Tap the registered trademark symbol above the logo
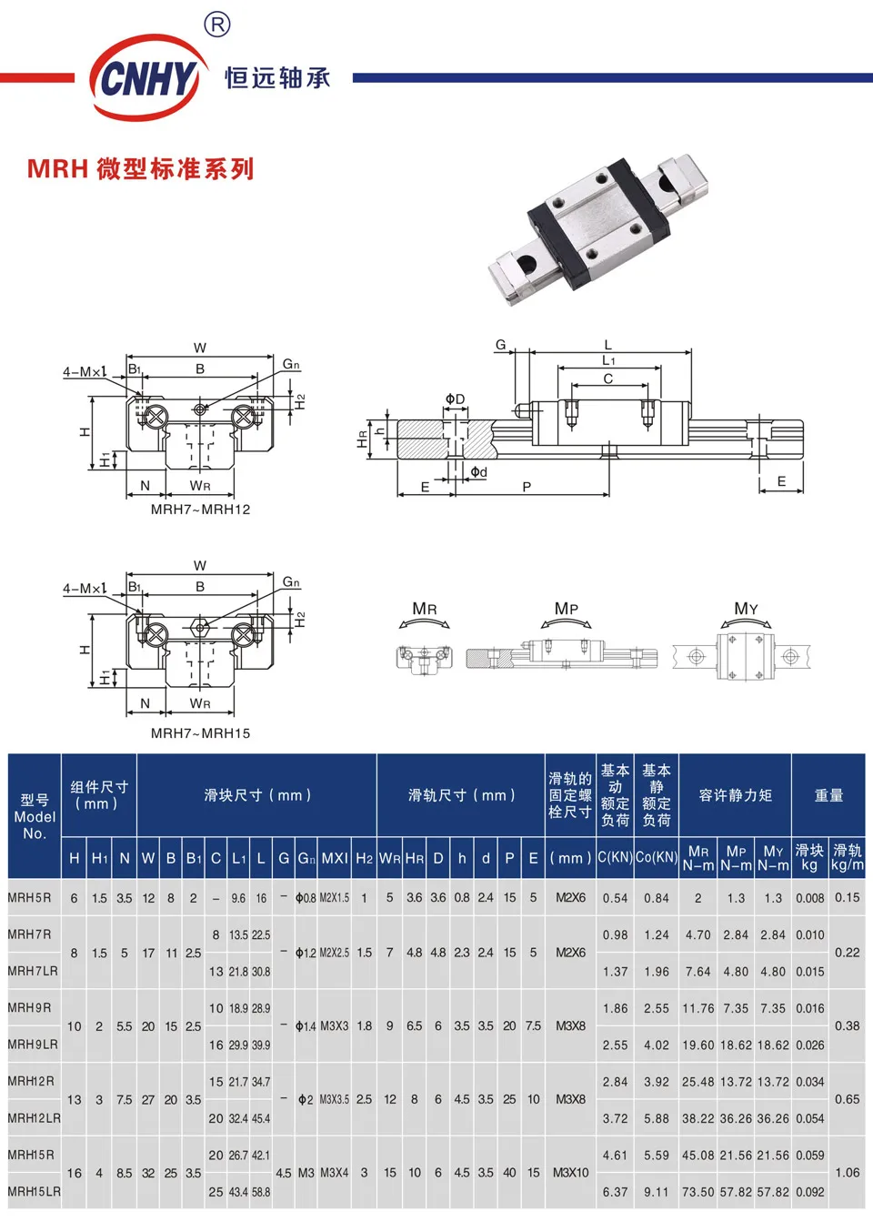(216, 24)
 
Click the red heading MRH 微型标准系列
(141, 169)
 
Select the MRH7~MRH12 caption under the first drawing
(200, 510)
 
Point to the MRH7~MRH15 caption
(200, 733)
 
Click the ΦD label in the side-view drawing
(455, 399)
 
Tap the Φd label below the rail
(478, 471)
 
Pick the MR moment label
(425, 609)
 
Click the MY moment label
(746, 609)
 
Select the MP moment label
(566, 609)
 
